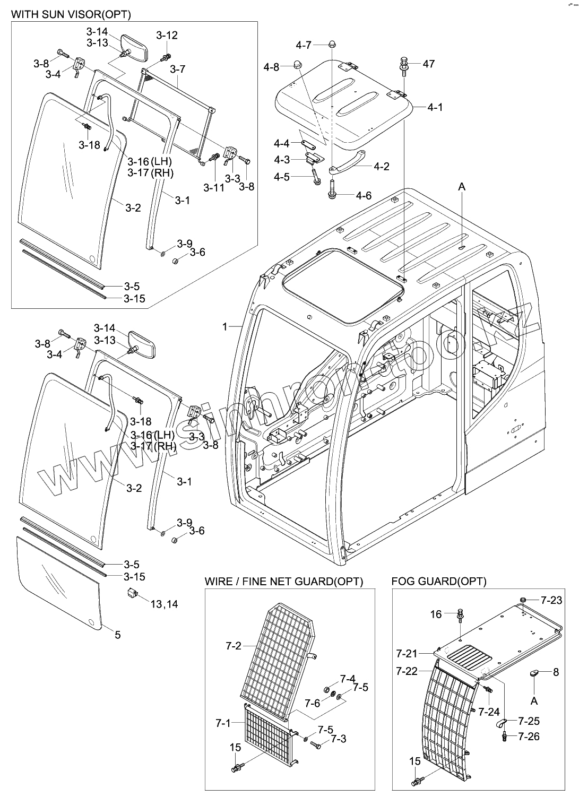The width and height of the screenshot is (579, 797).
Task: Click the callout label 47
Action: coord(428,64)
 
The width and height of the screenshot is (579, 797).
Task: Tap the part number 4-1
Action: coord(435,108)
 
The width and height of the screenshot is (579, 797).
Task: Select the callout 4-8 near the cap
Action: coord(271,67)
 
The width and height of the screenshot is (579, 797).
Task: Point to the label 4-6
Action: coord(364,196)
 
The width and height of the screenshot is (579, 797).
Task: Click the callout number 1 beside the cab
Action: coord(225,326)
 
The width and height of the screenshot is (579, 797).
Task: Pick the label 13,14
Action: coord(164,604)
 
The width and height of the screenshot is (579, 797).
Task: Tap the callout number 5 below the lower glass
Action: coord(117,635)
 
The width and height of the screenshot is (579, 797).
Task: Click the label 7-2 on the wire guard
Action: coord(233,646)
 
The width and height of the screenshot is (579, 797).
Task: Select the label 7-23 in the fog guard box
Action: coord(551,600)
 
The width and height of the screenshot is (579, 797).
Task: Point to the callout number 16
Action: coord(436,614)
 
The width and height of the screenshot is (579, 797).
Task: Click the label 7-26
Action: coord(529,736)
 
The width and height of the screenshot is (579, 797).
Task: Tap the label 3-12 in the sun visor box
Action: coord(167,36)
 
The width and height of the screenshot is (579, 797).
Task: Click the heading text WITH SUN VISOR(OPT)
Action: coord(71,14)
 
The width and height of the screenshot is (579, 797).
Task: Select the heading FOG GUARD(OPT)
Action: coord(438,581)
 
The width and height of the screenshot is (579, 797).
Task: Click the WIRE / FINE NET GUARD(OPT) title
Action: coord(284,581)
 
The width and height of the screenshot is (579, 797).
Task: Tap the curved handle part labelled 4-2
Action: coord(348,162)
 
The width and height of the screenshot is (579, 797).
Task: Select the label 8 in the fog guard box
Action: coord(556,672)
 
